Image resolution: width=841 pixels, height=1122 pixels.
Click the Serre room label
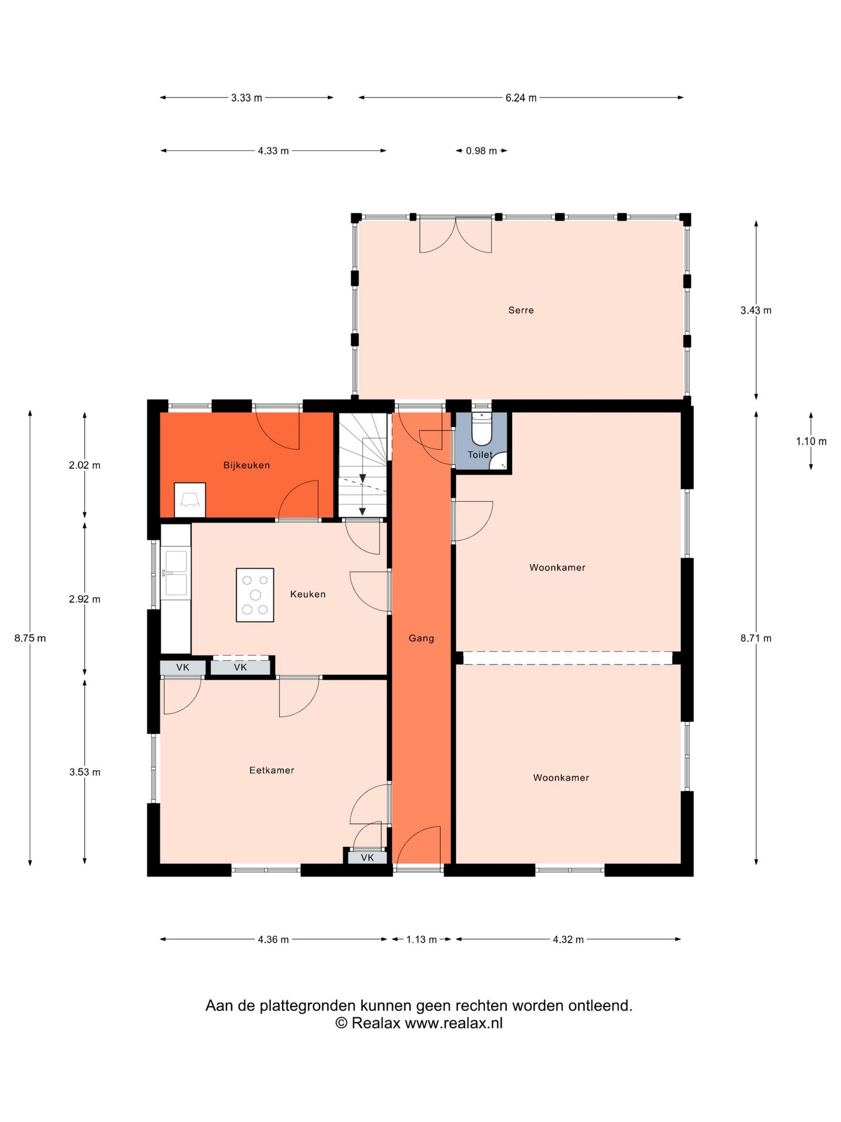pyautogui.click(x=520, y=310)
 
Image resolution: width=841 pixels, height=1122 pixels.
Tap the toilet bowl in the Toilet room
pyautogui.click(x=482, y=430)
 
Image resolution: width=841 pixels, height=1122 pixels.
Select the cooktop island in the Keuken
pyautogui.click(x=255, y=595)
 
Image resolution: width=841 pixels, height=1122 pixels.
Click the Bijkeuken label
pyautogui.click(x=246, y=465)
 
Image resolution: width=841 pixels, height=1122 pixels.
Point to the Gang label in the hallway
pyautogui.click(x=421, y=638)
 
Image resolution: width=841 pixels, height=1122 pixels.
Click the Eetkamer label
pyautogui.click(x=272, y=770)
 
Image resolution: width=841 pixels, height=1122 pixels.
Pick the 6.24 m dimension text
pyautogui.click(x=521, y=98)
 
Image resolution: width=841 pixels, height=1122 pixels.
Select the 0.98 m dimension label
pyautogui.click(x=481, y=151)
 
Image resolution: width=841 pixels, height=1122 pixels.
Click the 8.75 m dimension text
pyautogui.click(x=30, y=638)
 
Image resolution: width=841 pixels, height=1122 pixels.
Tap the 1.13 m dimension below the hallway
pyautogui.click(x=422, y=940)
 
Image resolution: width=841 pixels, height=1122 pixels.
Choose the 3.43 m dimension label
pyautogui.click(x=756, y=310)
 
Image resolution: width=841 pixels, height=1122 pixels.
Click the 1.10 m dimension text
pyautogui.click(x=811, y=441)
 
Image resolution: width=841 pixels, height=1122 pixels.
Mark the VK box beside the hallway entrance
pyautogui.click(x=367, y=858)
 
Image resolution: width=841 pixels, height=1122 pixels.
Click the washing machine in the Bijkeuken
pyautogui.click(x=190, y=500)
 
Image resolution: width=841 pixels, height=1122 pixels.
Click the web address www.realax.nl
pyautogui.click(x=454, y=1023)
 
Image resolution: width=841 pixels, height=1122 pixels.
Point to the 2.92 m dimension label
pyautogui.click(x=85, y=599)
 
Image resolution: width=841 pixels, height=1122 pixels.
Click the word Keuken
pyautogui.click(x=308, y=594)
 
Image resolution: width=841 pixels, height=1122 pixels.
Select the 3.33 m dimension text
pyautogui.click(x=246, y=98)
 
